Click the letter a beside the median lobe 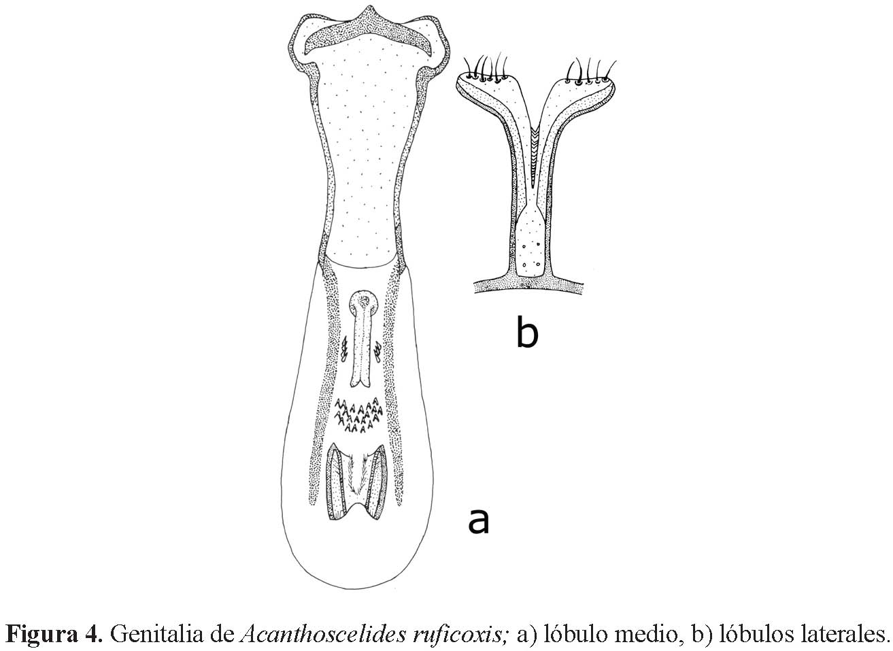478,521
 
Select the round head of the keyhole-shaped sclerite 367,302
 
